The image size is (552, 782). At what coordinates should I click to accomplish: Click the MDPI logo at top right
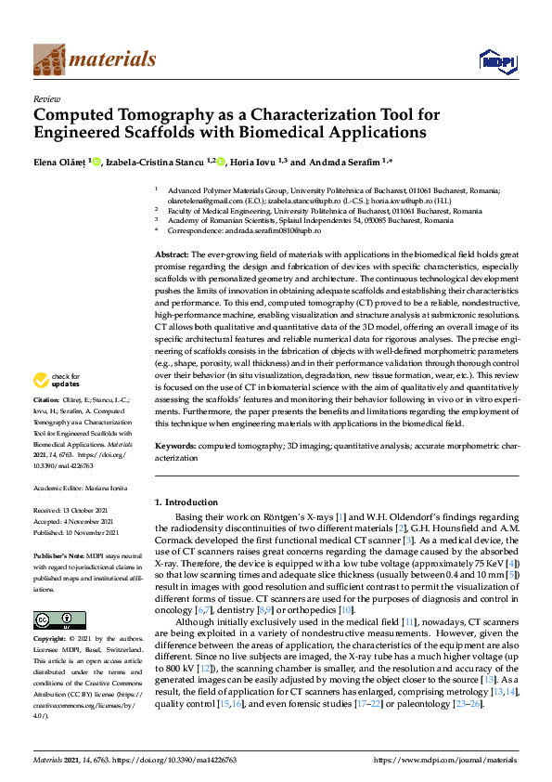492,61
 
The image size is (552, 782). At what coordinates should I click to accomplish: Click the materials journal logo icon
49,59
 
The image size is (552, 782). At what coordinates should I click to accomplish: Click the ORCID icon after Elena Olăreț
96,161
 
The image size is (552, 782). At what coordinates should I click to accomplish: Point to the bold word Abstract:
172,254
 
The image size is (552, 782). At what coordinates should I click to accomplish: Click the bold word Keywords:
175,447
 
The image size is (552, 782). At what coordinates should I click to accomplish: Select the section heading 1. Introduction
189,502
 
